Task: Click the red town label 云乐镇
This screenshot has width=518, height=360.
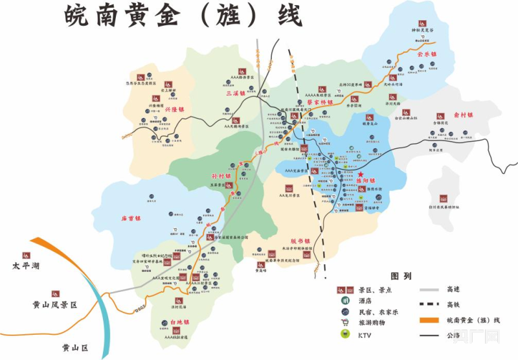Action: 428,55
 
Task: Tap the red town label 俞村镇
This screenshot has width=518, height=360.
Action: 464,115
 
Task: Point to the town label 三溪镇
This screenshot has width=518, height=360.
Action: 235,93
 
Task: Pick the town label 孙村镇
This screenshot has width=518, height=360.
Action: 221,175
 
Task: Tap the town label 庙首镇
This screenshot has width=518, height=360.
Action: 130,218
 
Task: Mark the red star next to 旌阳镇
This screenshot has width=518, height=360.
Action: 361,174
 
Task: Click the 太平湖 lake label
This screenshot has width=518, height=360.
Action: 26,266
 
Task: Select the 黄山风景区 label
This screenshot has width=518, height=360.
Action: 55,304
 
